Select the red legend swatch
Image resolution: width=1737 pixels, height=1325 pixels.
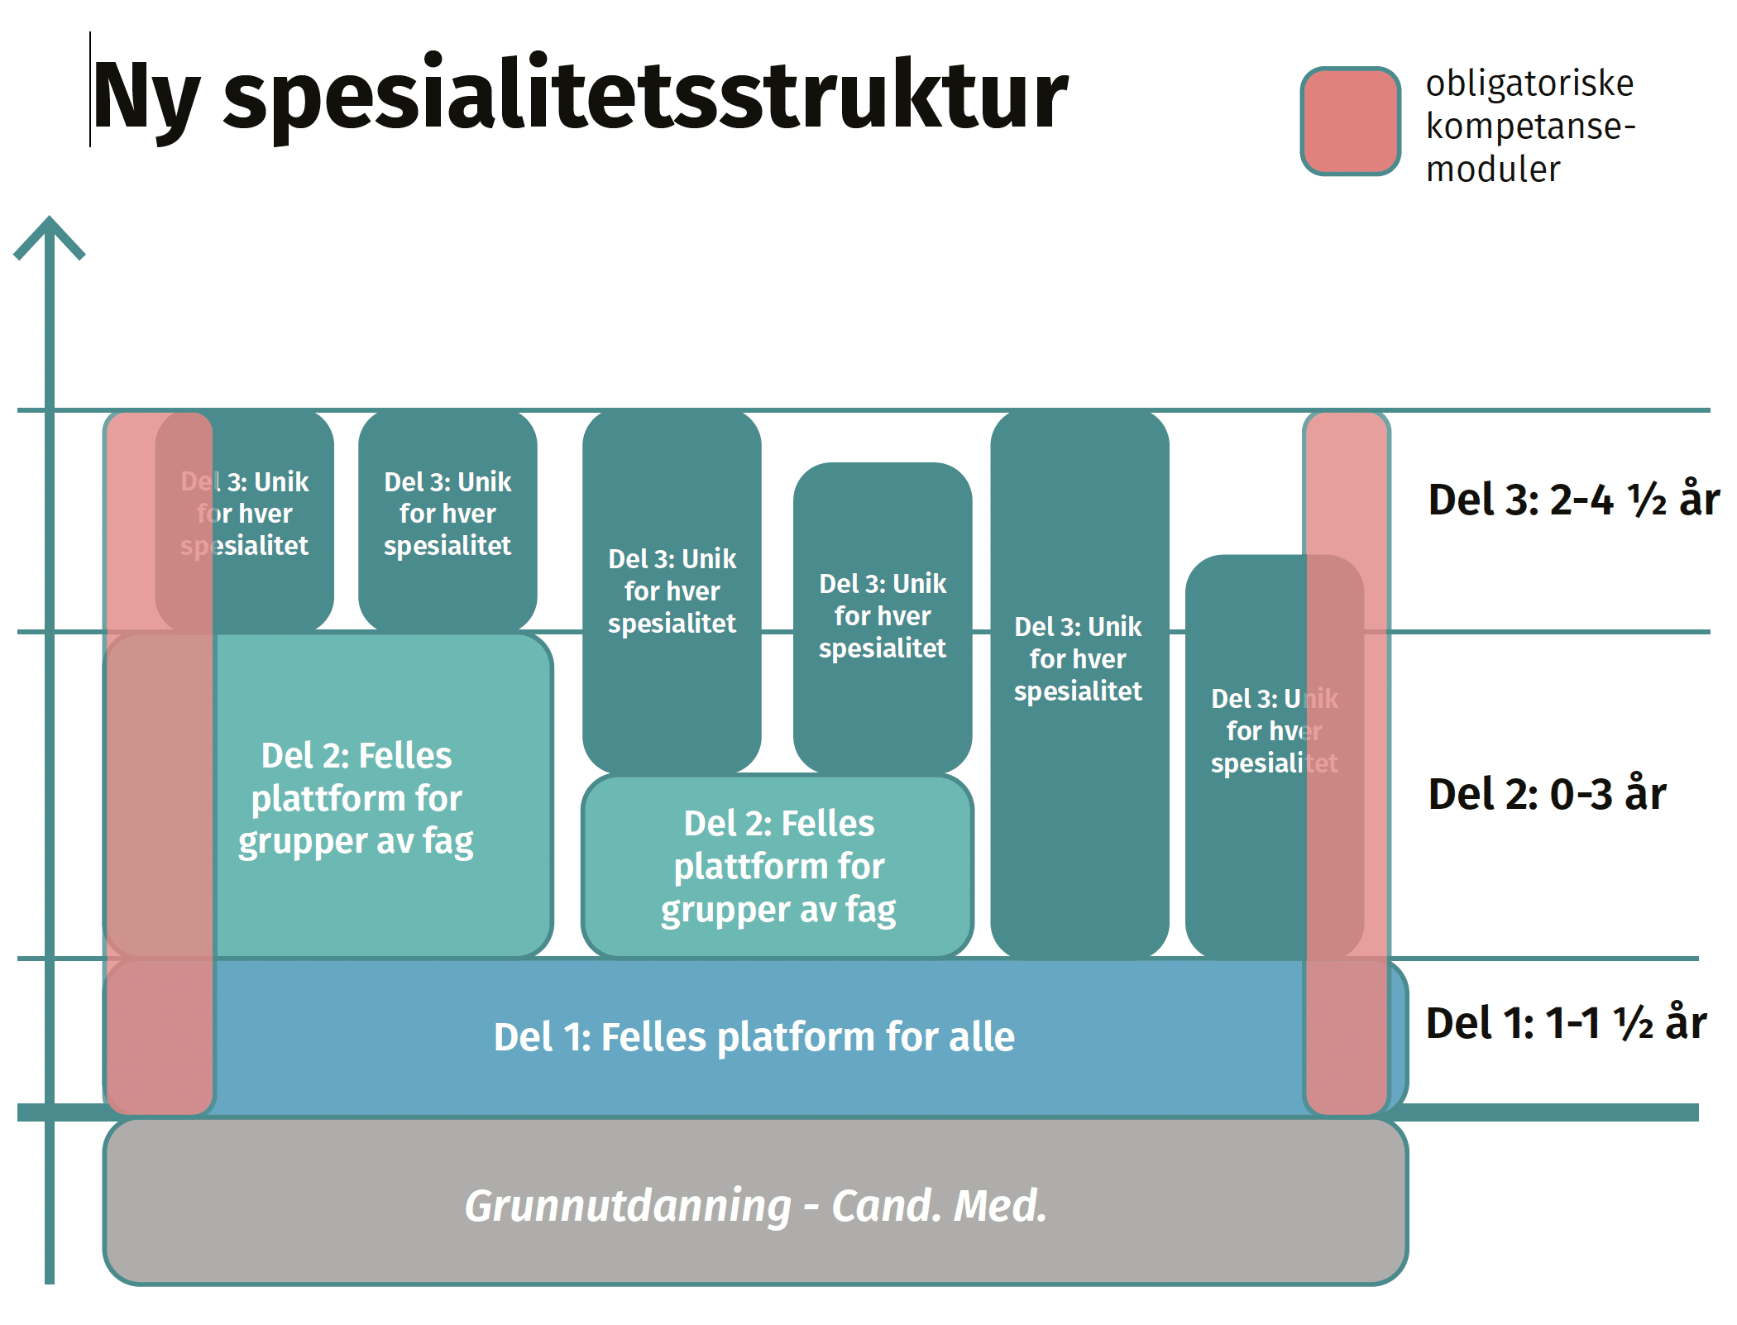[1350, 122]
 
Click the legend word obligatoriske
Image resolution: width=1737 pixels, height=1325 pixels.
[1529, 84]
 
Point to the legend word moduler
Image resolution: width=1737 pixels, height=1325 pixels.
[1493, 170]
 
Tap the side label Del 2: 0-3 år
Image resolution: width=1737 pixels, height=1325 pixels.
[1547, 794]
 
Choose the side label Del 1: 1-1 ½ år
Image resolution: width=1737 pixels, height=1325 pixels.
[1566, 1023]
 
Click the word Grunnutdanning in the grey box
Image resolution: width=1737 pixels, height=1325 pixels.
[629, 1206]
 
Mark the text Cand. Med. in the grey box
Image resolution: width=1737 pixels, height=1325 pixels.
[939, 1206]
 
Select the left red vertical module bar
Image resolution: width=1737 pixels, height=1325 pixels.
[160, 761]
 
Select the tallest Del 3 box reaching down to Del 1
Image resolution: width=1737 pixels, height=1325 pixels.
[1079, 678]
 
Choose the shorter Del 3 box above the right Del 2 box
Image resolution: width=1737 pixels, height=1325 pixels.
[883, 616]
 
